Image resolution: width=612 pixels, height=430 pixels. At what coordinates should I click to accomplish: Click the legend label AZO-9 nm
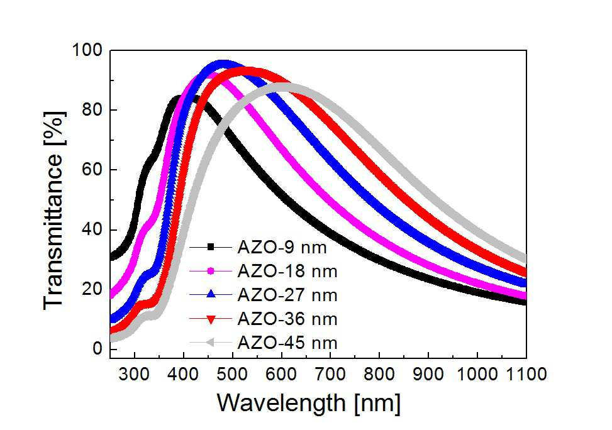coord(282,248)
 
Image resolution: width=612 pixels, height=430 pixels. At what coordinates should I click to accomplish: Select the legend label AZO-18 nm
coord(287,272)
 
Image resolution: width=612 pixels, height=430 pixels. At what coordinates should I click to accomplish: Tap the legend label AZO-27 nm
coord(287,295)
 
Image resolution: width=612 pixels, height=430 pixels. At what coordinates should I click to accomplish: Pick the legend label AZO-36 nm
coord(287,319)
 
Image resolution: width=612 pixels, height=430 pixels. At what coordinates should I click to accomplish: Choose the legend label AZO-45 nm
coord(287,343)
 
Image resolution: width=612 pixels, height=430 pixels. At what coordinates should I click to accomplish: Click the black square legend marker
coord(211,246)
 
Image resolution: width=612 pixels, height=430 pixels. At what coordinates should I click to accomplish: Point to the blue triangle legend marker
coord(211,294)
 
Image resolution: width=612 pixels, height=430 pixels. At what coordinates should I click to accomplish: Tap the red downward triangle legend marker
coord(211,319)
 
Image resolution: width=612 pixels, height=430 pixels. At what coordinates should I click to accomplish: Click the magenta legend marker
coord(211,271)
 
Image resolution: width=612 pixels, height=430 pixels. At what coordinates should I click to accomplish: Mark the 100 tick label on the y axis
coord(87,50)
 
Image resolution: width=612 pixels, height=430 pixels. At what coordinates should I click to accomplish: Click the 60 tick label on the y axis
coord(92,170)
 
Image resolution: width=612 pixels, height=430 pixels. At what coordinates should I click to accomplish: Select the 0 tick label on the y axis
coord(97,348)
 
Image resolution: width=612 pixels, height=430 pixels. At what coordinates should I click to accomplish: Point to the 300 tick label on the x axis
coord(134,374)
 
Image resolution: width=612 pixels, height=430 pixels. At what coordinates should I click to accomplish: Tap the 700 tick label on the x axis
coord(331,374)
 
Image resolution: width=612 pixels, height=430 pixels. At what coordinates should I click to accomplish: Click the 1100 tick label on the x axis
coord(526,374)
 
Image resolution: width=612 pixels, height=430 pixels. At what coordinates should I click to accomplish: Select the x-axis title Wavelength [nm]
coord(309,403)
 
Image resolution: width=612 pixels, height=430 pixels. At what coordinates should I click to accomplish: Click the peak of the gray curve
coord(284,86)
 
